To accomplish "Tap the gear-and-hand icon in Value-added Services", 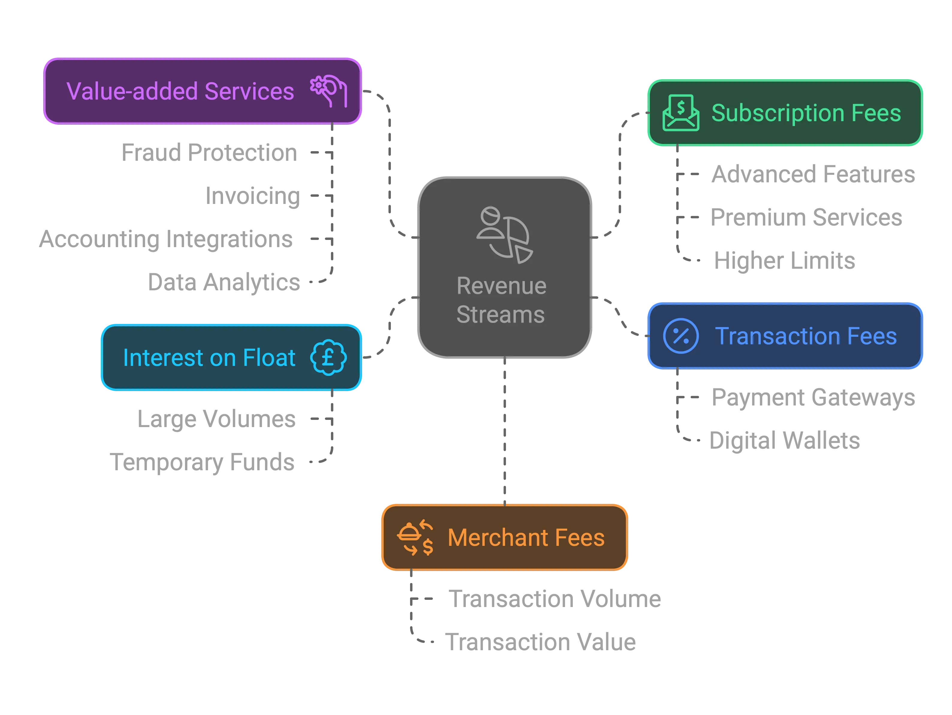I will click(x=329, y=91).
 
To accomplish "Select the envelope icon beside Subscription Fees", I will click(x=680, y=112).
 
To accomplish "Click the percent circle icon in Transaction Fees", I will click(x=680, y=336).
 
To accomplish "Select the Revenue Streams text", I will click(x=501, y=300).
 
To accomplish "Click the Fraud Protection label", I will click(x=210, y=152).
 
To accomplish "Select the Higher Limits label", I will click(x=784, y=260).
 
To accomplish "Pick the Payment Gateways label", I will click(x=813, y=397).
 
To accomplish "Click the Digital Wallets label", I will click(x=784, y=440).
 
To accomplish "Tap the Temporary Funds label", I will click(x=201, y=462).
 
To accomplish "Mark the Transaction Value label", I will click(x=540, y=641).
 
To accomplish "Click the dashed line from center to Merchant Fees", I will click(x=504, y=431).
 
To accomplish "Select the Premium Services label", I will click(x=806, y=217).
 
